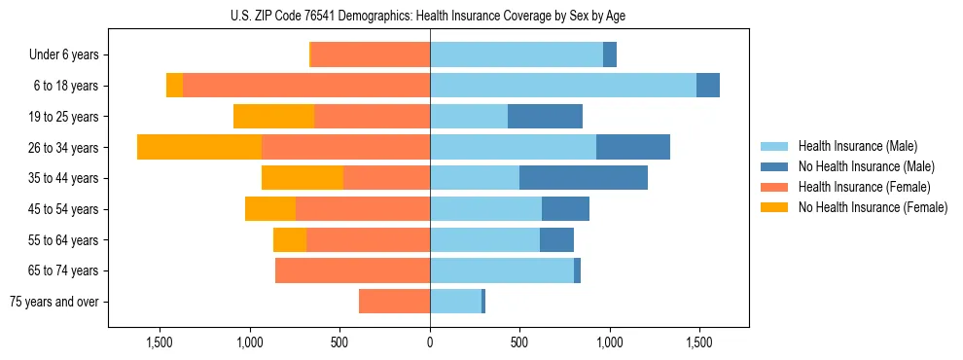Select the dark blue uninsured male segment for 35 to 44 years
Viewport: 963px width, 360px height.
[584, 178]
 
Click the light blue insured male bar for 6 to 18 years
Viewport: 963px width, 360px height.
[563, 86]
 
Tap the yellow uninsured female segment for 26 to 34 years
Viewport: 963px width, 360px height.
[199, 147]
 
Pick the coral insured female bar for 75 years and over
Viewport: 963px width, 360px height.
[394, 302]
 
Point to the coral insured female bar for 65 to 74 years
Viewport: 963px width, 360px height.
[352, 270]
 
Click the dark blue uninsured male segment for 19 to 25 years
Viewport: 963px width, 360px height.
[545, 117]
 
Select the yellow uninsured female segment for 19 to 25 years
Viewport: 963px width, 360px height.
[273, 117]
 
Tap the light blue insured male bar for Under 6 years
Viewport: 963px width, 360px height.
[517, 54]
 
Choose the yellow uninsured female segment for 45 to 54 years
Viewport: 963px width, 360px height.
[270, 209]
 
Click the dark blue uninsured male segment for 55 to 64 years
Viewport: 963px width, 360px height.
[556, 239]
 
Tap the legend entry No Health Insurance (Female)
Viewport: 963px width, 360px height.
[872, 207]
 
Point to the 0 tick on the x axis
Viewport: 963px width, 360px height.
[430, 343]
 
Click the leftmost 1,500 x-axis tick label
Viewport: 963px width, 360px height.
[160, 343]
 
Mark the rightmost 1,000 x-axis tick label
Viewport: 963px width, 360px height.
[610, 343]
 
